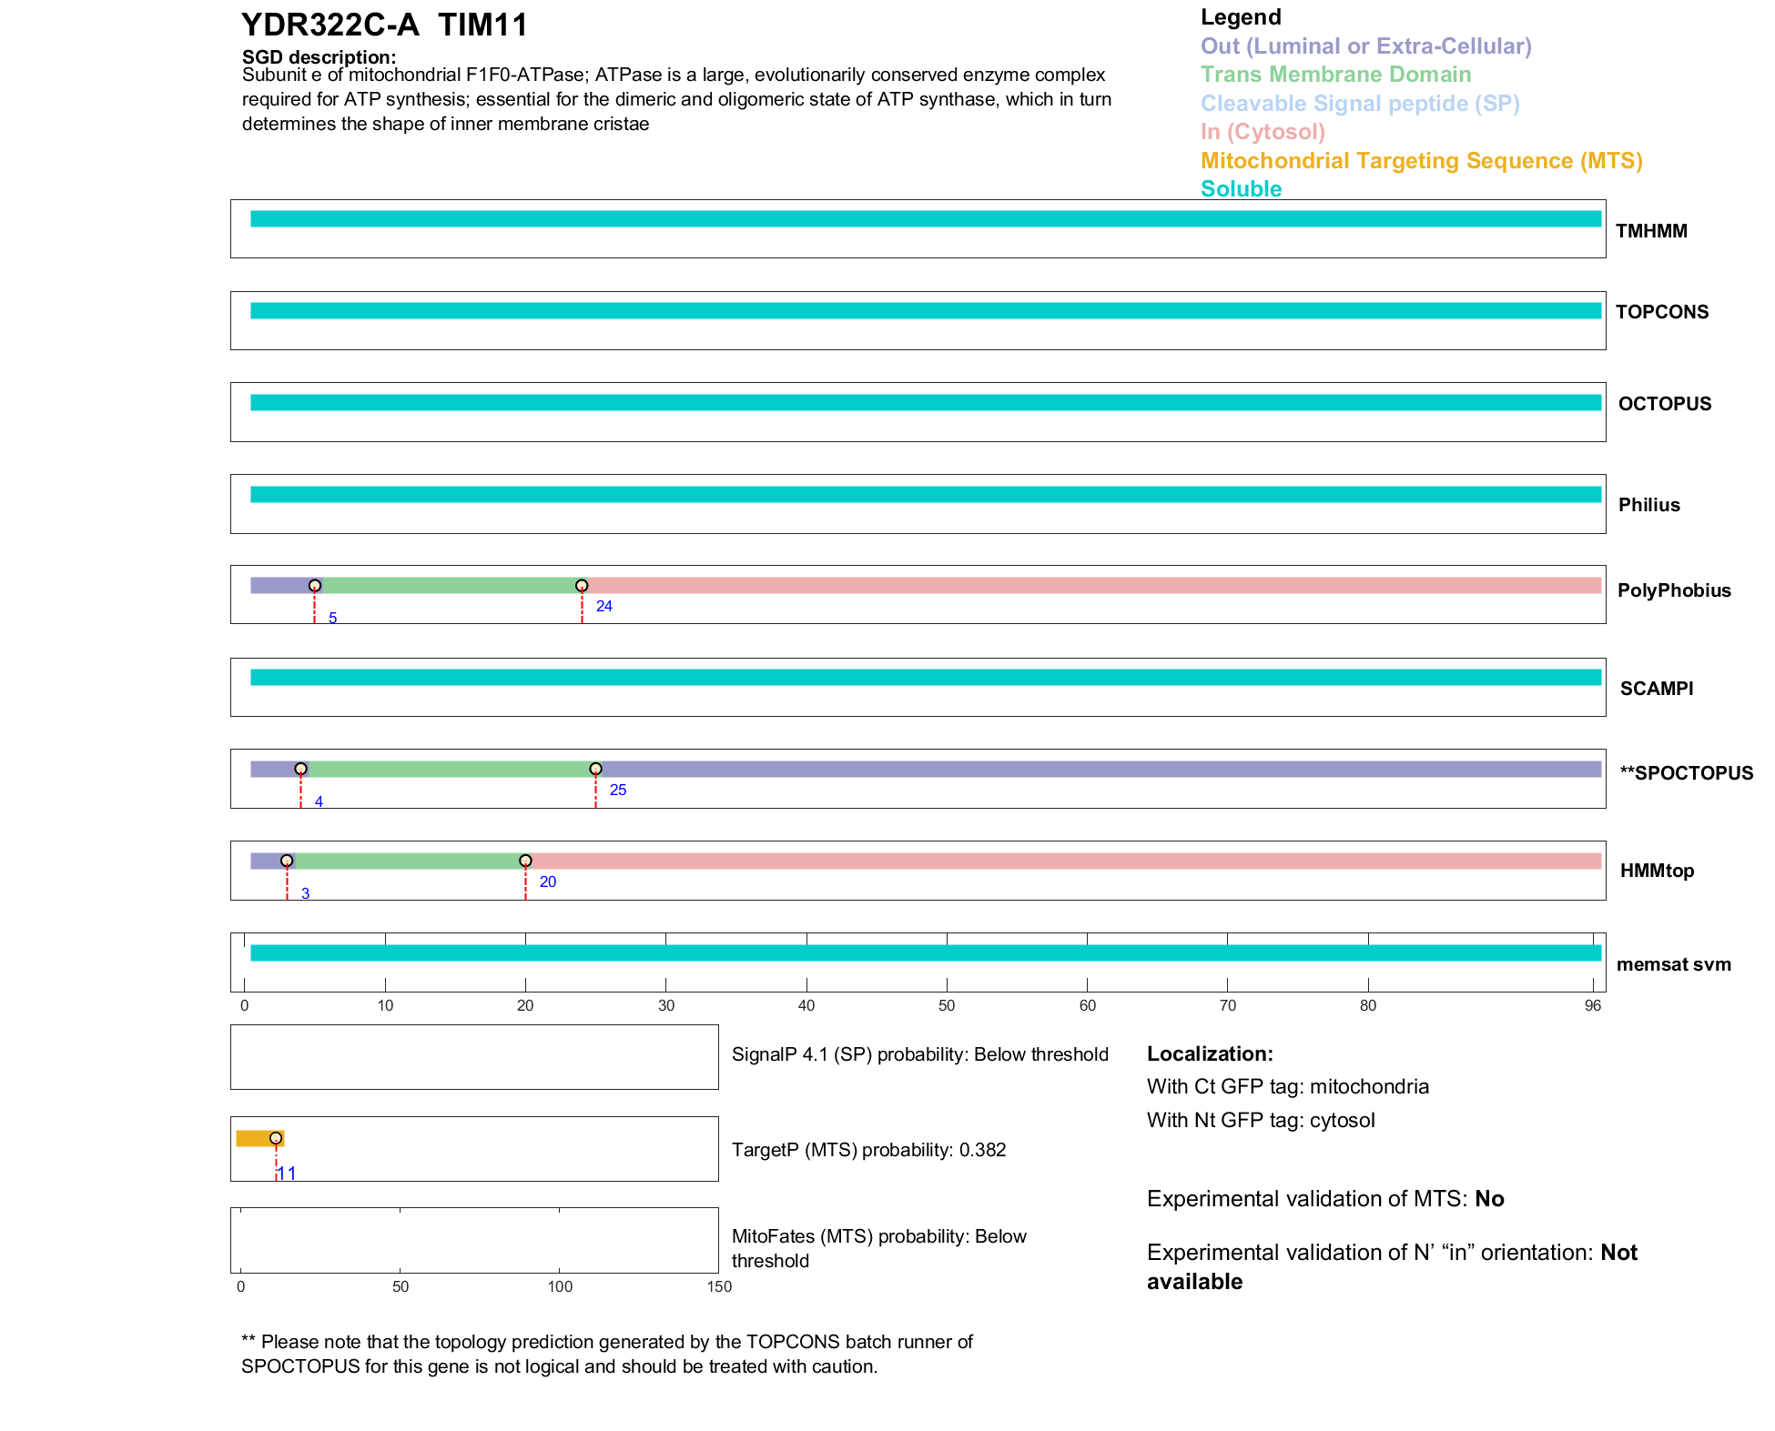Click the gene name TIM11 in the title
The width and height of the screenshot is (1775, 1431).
click(482, 25)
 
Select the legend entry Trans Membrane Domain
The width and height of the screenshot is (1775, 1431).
click(1335, 75)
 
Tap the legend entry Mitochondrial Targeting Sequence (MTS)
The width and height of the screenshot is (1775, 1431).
click(1421, 161)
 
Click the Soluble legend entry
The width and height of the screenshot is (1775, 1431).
click(1241, 189)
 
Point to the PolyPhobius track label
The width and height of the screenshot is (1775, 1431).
click(1673, 590)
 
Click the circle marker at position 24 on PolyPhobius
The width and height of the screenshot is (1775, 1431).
click(582, 586)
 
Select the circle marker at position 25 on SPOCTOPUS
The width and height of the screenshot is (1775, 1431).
click(595, 769)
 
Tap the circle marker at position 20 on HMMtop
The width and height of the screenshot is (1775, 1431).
click(525, 861)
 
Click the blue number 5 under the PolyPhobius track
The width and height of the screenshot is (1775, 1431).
click(333, 619)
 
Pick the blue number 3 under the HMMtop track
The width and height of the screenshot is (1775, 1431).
click(306, 894)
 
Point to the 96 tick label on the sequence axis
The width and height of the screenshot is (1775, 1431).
click(1592, 1005)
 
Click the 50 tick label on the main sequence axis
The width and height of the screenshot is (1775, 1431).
click(947, 1005)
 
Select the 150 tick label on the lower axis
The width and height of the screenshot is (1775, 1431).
click(719, 1286)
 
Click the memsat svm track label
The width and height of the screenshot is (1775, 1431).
click(1673, 964)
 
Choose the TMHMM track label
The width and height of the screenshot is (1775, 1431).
click(1650, 231)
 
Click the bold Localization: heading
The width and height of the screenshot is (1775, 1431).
click(1209, 1053)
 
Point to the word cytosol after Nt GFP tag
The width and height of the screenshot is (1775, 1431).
click(1342, 1120)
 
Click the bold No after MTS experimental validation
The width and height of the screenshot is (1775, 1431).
click(1489, 1199)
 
